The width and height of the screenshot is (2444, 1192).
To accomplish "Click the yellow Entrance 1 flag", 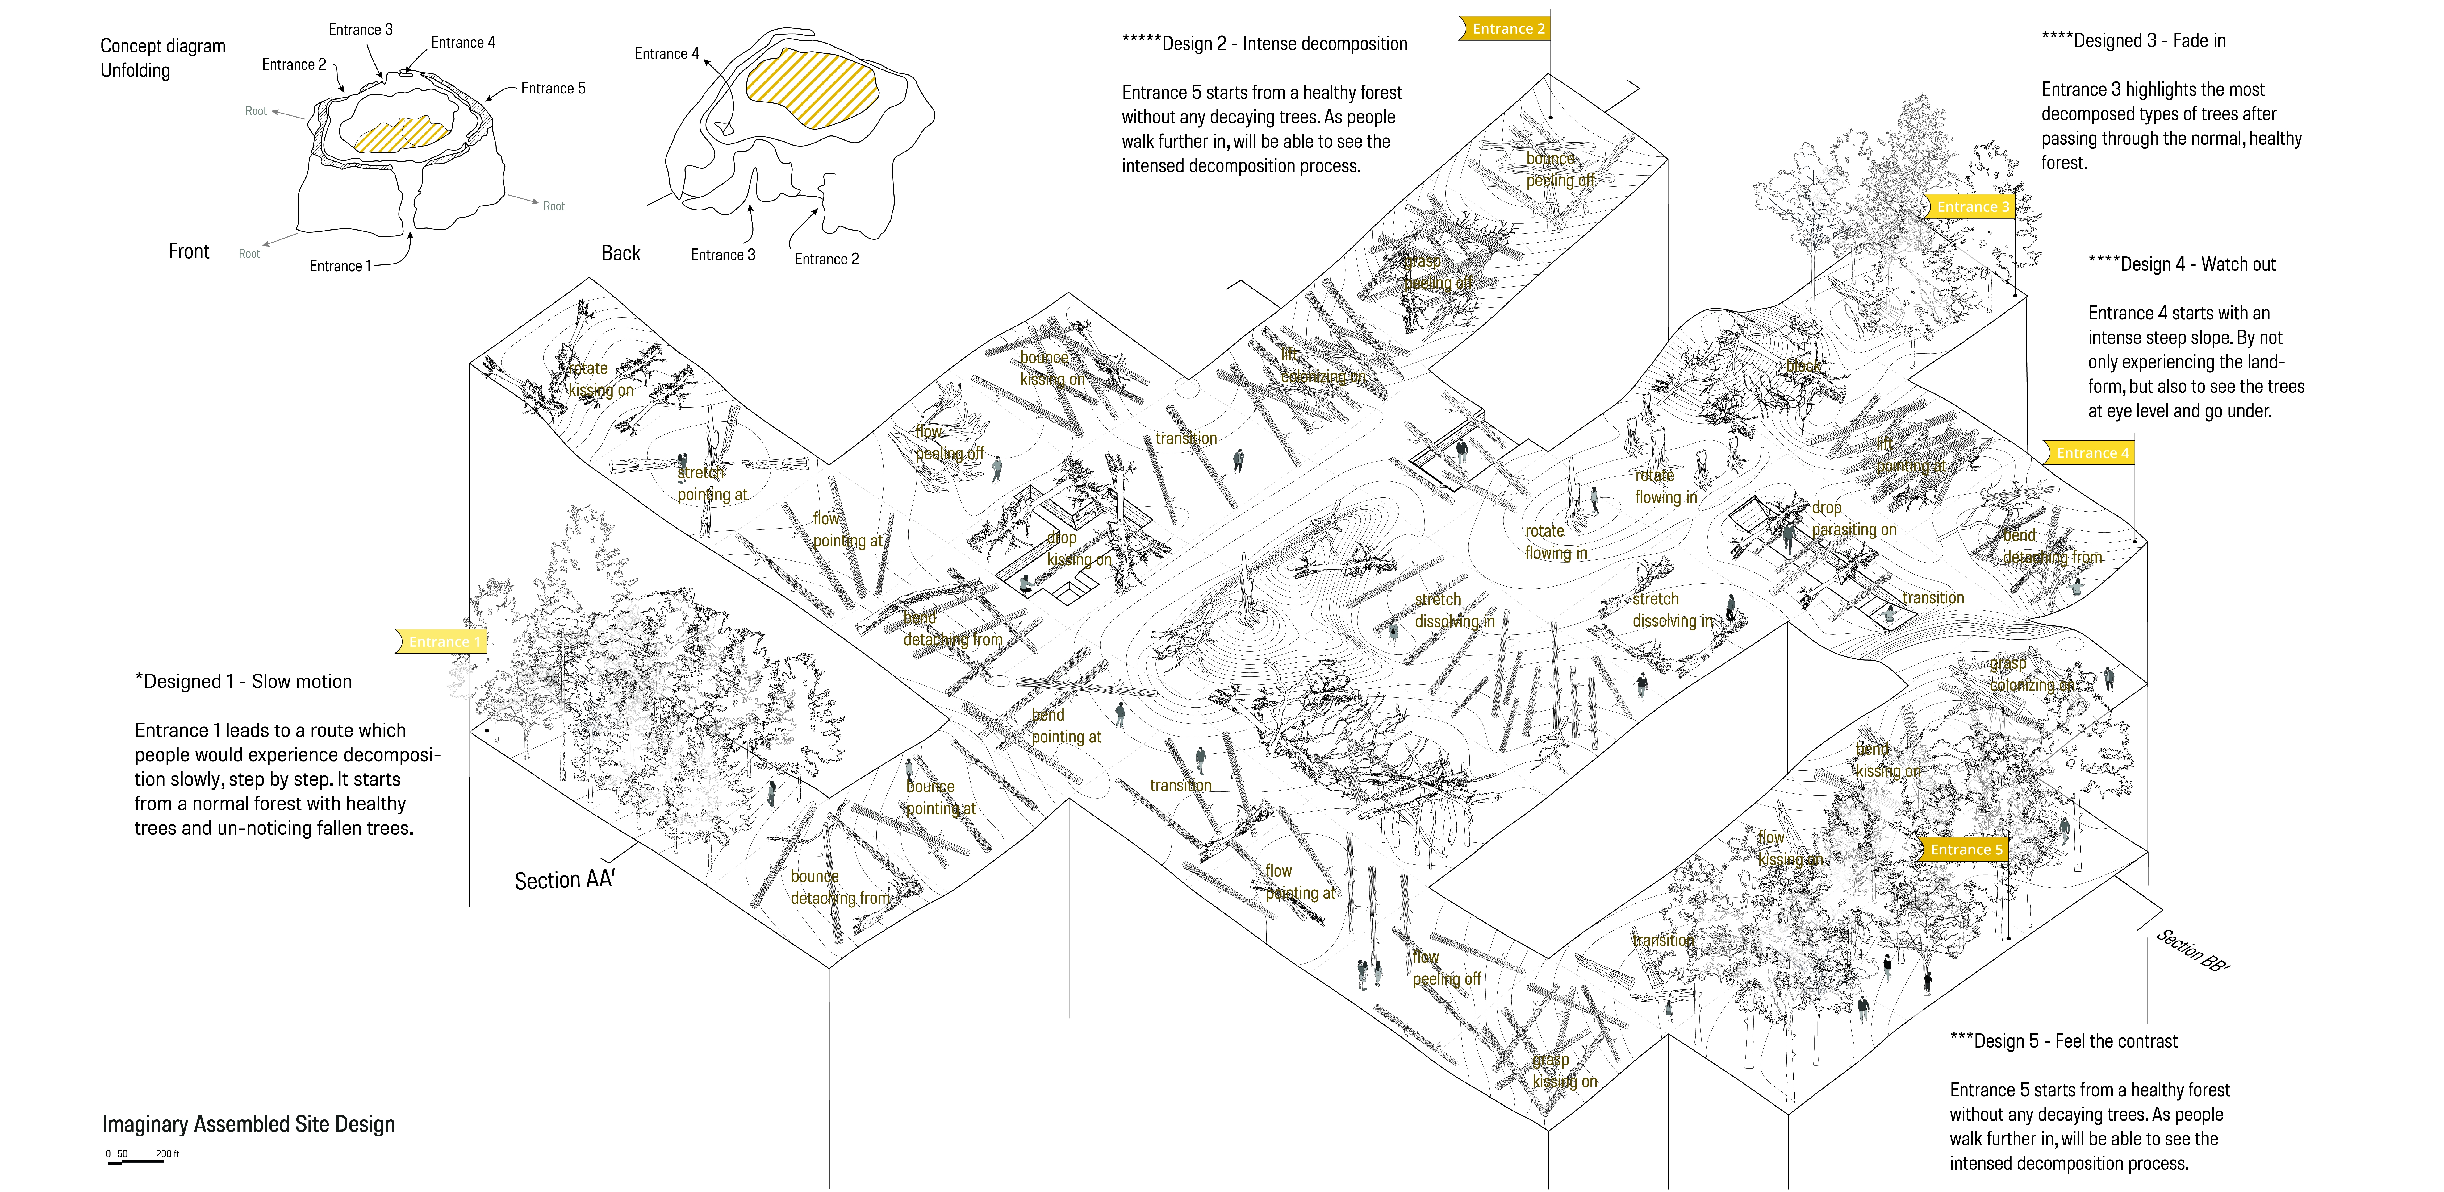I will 442,642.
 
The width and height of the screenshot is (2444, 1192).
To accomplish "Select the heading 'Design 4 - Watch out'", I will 2182,264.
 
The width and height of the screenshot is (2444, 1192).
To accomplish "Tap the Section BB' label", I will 2193,949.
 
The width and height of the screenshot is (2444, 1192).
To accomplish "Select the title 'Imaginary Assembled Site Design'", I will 249,1125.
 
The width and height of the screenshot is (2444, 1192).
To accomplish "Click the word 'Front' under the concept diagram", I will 189,251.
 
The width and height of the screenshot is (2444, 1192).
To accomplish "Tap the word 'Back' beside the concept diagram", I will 620,253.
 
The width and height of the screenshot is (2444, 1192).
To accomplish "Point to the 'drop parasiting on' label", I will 1853,519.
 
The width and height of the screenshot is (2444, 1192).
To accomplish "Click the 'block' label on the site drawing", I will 1803,366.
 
